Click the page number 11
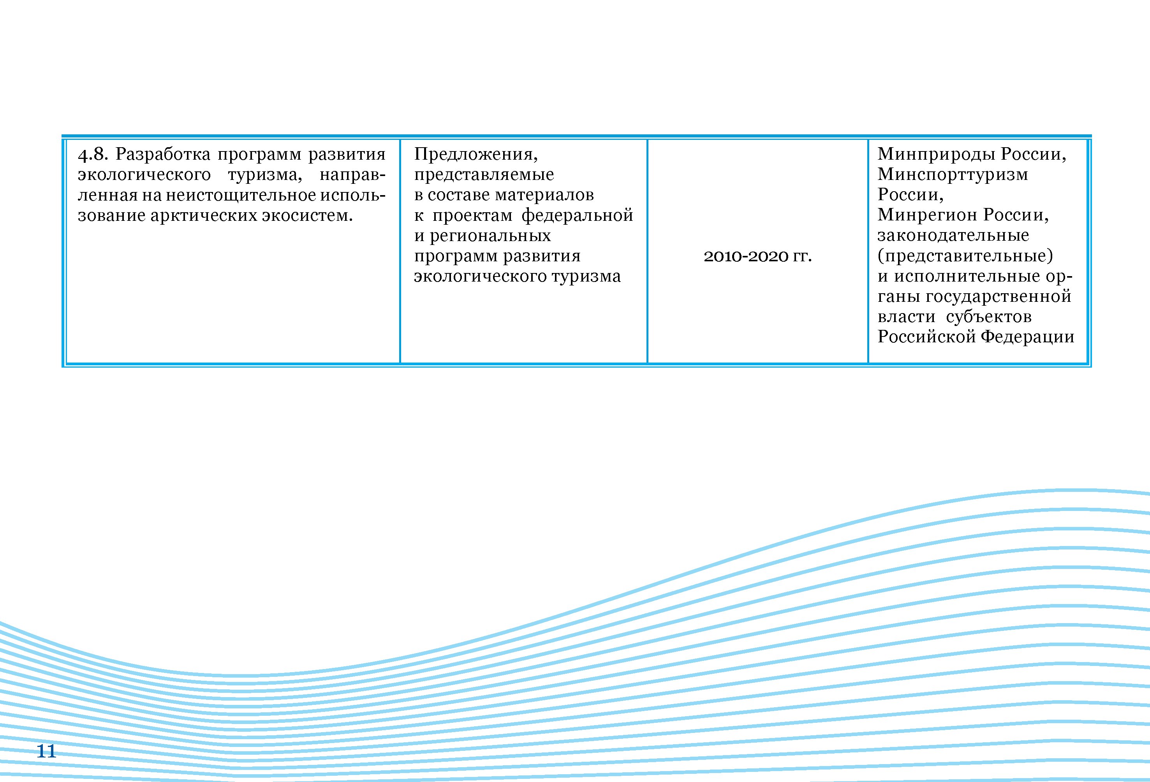46,751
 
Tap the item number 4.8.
93,155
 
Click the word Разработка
163,155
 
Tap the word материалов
544,195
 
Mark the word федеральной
577,215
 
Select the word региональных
490,236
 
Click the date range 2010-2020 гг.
757,256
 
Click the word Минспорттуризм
953,174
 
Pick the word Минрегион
928,215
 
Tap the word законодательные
953,235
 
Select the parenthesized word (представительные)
965,256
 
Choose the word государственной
998,296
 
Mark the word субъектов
989,317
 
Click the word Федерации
1027,337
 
